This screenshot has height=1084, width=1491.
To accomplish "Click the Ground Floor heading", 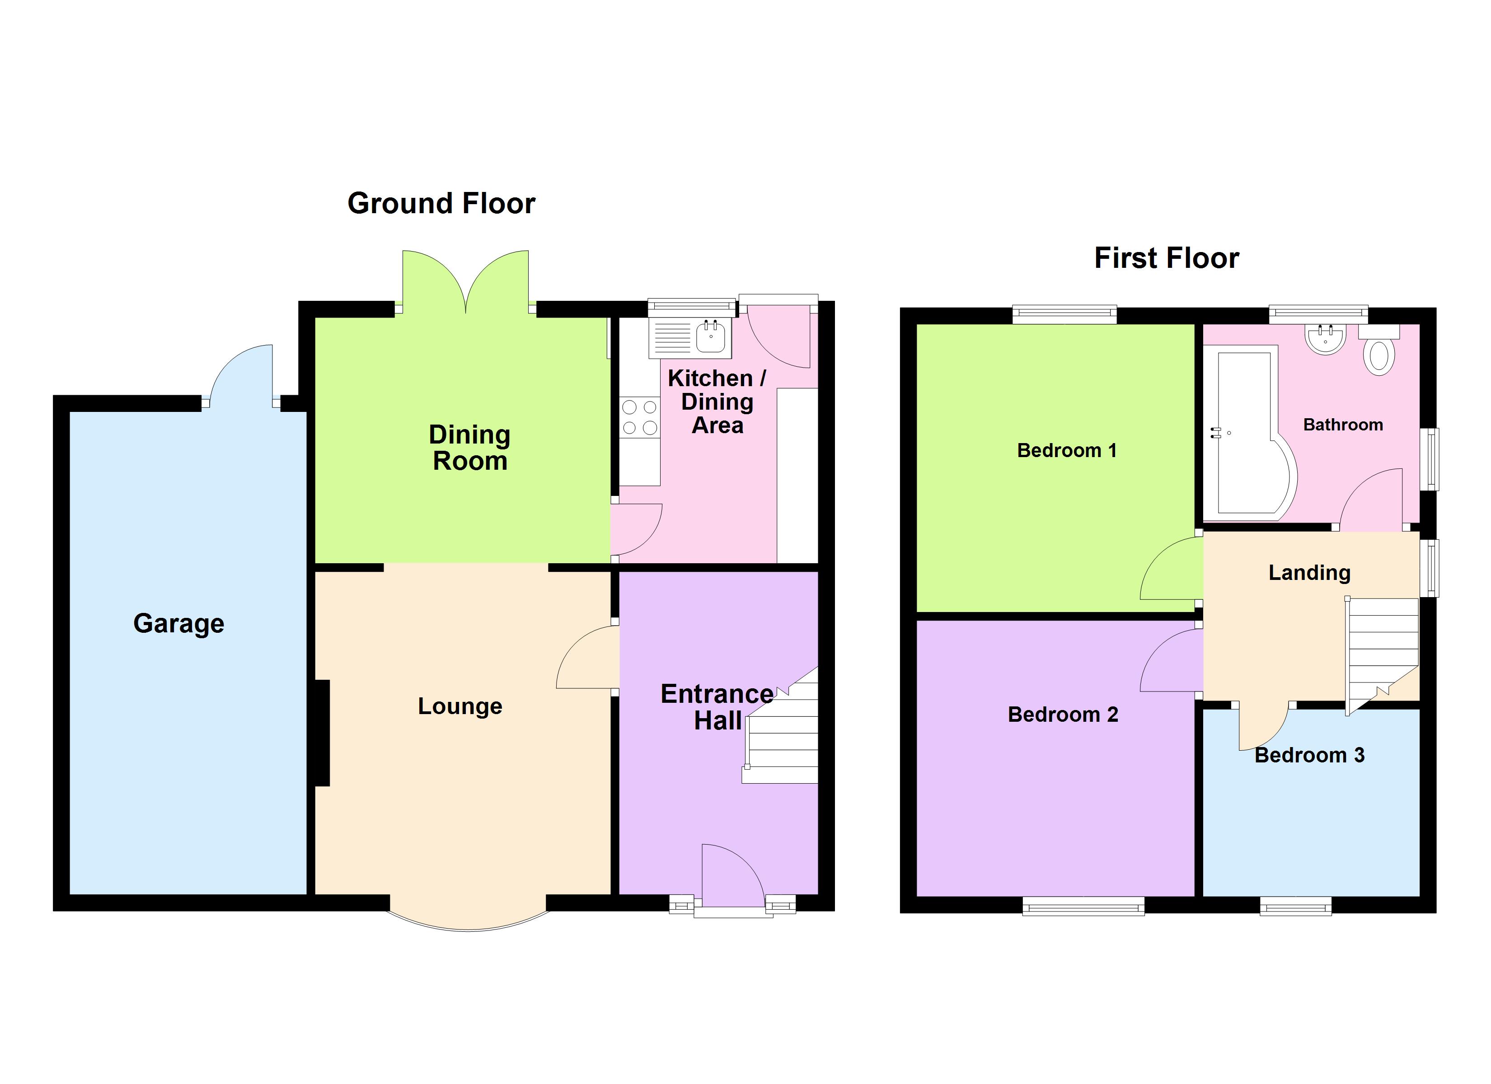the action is [x=441, y=203].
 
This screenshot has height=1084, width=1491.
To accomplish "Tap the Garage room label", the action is [x=179, y=623].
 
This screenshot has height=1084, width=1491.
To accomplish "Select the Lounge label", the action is [x=460, y=706].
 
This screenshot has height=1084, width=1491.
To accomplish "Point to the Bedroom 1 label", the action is [x=1066, y=450].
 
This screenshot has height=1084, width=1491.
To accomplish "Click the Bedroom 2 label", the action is [x=1063, y=715].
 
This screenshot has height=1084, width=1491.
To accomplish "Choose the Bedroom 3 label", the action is [x=1309, y=755].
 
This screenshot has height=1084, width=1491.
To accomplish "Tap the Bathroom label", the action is [x=1343, y=425].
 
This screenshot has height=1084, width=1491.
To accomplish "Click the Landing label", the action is [x=1309, y=573].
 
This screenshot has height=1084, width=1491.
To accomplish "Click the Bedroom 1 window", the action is [x=1064, y=315].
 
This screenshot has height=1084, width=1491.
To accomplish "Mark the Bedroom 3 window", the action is [x=1296, y=907].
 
